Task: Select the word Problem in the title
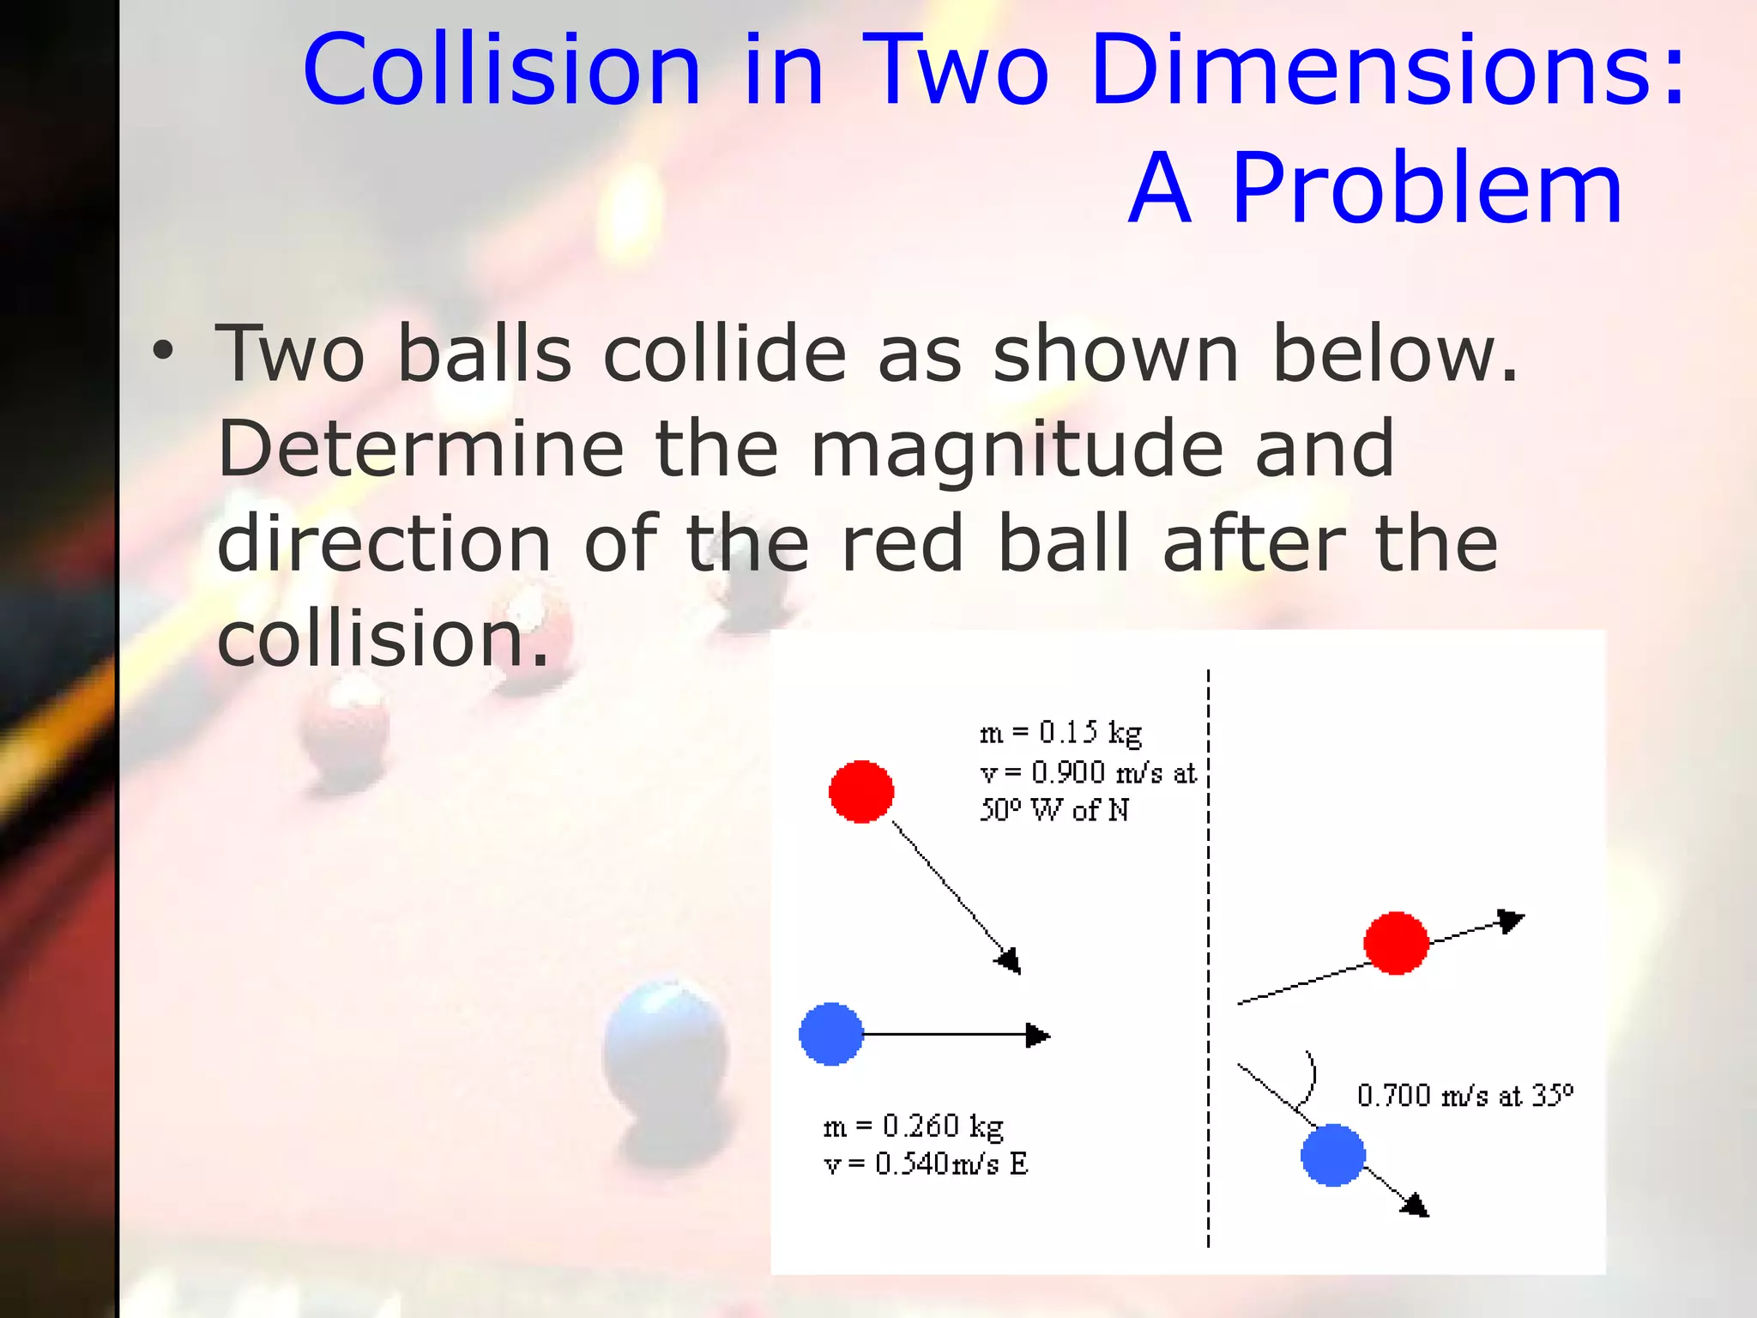tap(1426, 189)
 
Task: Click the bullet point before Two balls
tap(162, 352)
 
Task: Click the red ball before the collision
tap(861, 791)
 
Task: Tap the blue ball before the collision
tap(830, 1034)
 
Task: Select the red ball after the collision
tap(1396, 943)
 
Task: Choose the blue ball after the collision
tap(1332, 1155)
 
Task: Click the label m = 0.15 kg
tap(1060, 732)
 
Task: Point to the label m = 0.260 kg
tap(913, 1125)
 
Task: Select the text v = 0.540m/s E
tap(925, 1164)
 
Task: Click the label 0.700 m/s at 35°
tap(1464, 1096)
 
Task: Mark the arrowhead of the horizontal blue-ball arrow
tap(1038, 1035)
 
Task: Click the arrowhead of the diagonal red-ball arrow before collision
tap(1009, 961)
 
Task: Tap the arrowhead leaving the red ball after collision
tap(1511, 921)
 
